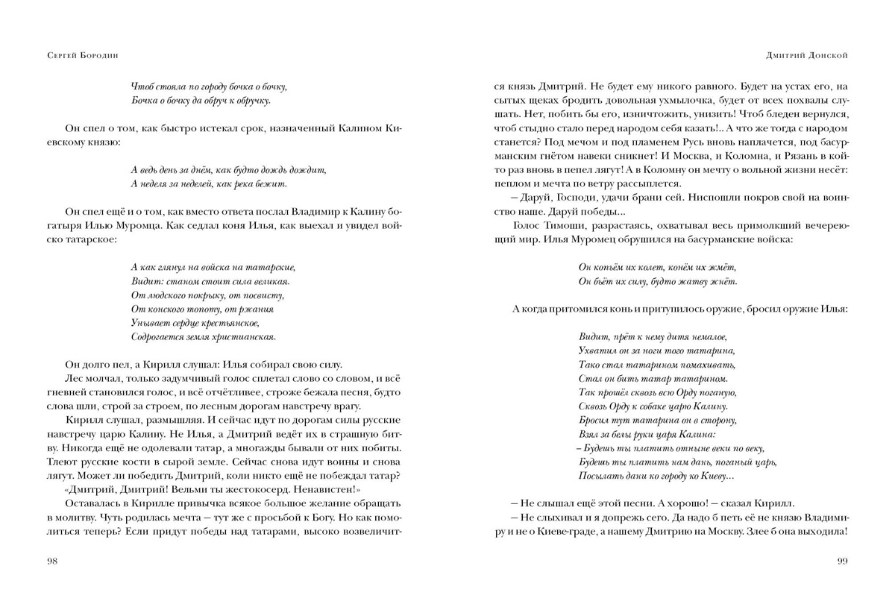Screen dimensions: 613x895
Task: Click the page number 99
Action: [x=841, y=562]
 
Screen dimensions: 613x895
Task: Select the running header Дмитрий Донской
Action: [x=808, y=54]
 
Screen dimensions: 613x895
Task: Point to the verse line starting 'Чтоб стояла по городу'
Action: [x=208, y=87]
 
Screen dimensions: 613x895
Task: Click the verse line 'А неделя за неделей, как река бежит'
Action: [x=208, y=183]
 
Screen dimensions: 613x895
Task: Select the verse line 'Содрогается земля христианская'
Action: [x=203, y=336]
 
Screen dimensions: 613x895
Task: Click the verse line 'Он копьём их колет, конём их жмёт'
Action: [x=656, y=267]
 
